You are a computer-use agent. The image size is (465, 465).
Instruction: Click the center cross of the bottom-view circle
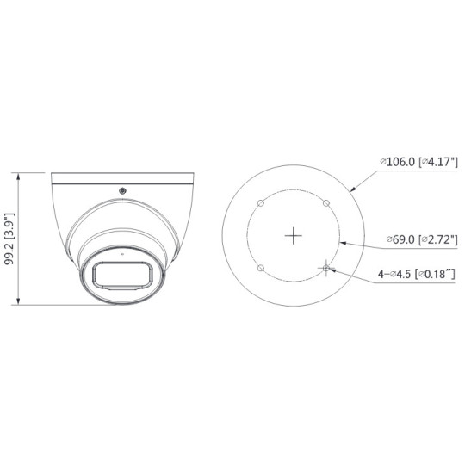pos(294,234)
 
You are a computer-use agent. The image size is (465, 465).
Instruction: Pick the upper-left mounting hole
pos(261,202)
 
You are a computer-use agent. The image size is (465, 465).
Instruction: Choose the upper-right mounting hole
pos(325,202)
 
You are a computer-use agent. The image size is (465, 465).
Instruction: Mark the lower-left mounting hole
pos(261,268)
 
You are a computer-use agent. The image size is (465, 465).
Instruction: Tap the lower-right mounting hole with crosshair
pos(325,268)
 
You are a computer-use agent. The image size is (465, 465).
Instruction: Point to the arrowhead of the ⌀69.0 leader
pos(342,243)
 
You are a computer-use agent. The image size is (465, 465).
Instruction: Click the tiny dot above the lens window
pos(121,255)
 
